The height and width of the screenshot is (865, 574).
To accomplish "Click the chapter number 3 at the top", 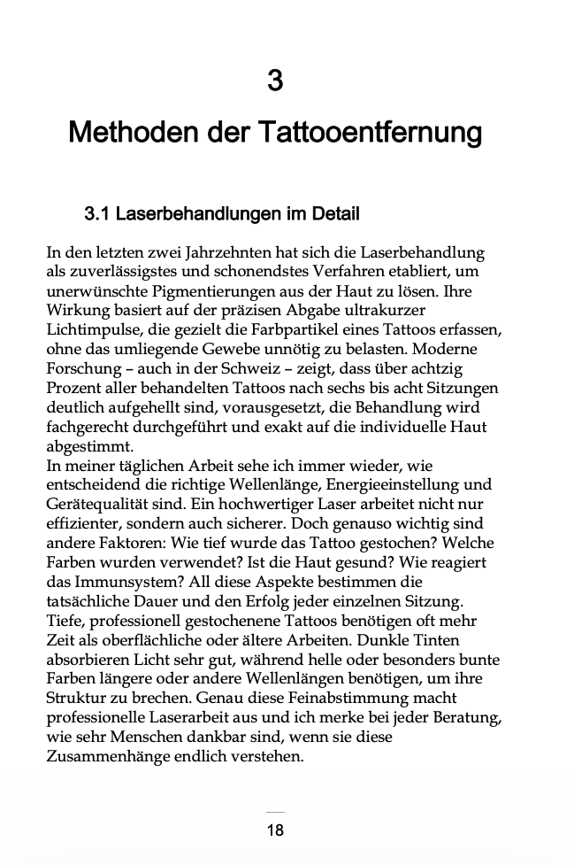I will (x=275, y=81).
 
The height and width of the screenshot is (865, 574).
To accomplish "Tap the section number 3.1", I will (x=97, y=214).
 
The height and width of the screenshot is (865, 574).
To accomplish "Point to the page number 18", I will (x=275, y=830).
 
